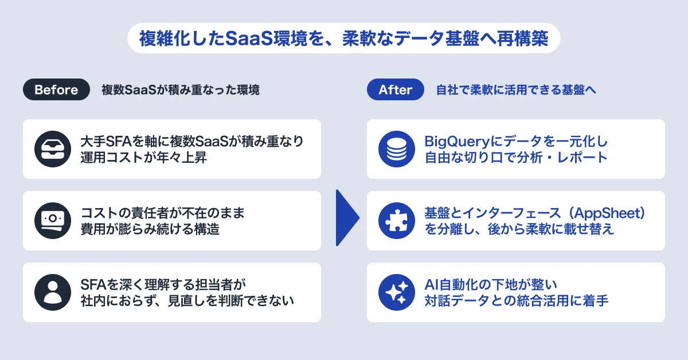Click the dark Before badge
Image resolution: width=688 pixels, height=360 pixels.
point(56,89)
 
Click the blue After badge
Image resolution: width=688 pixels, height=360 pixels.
point(395,89)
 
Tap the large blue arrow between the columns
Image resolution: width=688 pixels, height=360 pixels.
point(347,218)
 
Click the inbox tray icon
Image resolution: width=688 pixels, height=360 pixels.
point(53,149)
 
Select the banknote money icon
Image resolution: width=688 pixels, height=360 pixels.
point(53,221)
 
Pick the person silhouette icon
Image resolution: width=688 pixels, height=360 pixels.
point(53,292)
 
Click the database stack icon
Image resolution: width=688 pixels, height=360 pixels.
point(397,149)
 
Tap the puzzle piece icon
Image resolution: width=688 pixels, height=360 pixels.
point(397,221)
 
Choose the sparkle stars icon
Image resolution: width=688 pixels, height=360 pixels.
point(397,292)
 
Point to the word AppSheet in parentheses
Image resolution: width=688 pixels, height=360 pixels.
point(609,213)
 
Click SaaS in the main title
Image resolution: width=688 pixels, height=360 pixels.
point(249,38)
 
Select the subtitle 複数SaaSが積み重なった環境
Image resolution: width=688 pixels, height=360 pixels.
point(181,89)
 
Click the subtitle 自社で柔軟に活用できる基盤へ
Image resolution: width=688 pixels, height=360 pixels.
point(516,89)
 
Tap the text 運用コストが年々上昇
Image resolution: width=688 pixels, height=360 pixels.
point(143,157)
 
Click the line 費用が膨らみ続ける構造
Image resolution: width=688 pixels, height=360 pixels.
point(150,229)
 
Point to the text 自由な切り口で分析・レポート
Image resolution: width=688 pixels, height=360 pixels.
point(516,157)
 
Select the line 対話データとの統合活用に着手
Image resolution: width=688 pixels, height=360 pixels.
point(517,300)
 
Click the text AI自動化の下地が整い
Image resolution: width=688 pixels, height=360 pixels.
point(491,284)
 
